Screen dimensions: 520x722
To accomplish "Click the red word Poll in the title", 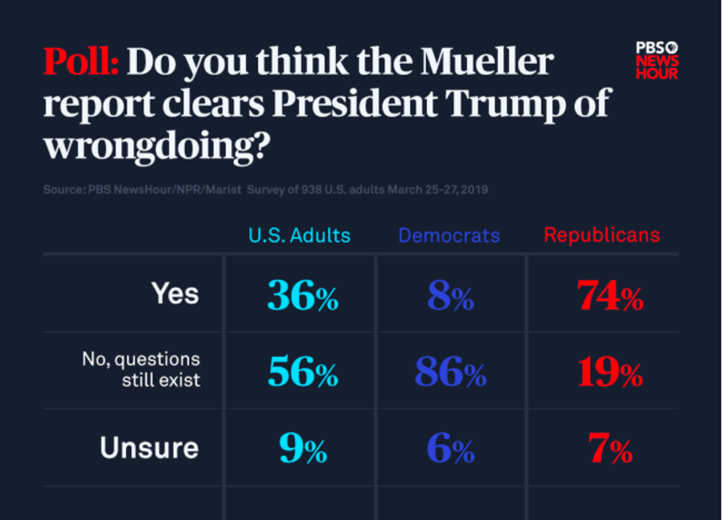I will click(x=80, y=63).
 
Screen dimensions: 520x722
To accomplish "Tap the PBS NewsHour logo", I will click(x=656, y=60).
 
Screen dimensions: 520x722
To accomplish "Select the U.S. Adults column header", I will click(x=299, y=236).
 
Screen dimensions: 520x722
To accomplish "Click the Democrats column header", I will click(x=449, y=236).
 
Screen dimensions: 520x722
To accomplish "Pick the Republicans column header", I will click(x=601, y=236).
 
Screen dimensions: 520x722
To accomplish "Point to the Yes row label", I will click(x=175, y=295).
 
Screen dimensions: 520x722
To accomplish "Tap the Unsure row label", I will click(x=150, y=448).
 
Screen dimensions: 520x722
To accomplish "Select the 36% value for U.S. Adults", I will click(x=302, y=297).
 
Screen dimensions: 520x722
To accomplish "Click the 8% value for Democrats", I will click(x=450, y=297).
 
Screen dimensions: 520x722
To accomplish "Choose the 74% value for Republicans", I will click(x=610, y=297).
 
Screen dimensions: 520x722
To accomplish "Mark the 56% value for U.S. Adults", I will click(x=302, y=374).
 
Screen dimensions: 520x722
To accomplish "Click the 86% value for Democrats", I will click(x=450, y=374).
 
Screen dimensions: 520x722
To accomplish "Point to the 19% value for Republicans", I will click(x=610, y=374).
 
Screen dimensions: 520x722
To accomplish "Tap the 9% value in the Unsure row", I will click(x=302, y=449).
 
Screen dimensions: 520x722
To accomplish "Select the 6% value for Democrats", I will click(x=450, y=449).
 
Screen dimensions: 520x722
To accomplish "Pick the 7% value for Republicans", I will click(x=610, y=449).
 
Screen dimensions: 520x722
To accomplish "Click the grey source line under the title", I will click(x=265, y=190).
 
